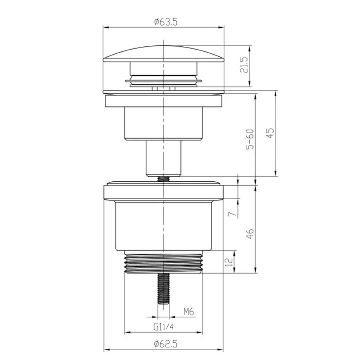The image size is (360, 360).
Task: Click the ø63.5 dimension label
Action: click(166, 22)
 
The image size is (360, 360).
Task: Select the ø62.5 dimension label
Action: click(166, 344)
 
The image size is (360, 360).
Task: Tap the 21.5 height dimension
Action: click(244, 65)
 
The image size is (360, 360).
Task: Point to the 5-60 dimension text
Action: click(250, 139)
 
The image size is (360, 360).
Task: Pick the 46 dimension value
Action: click(250, 233)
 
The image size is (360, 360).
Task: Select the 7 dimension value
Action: click(233, 214)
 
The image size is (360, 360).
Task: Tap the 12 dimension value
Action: click(229, 262)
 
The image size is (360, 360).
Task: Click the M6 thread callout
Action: click(189, 312)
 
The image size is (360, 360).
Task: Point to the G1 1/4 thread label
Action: click(163, 327)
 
